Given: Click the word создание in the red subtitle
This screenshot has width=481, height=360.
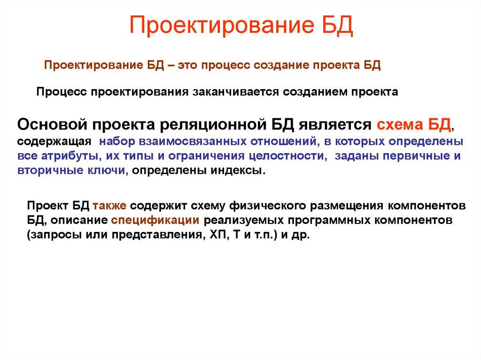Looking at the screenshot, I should click(x=279, y=65).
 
